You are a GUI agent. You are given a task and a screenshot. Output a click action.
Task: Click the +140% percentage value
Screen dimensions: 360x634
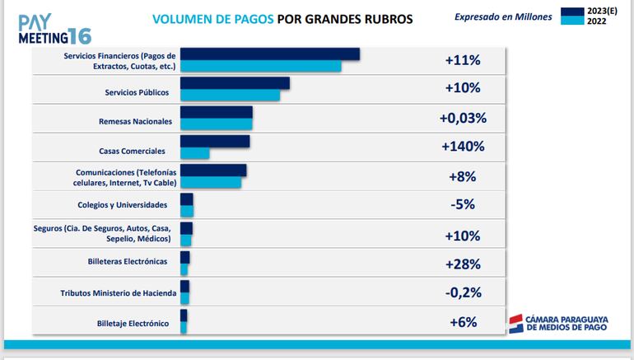click(463, 147)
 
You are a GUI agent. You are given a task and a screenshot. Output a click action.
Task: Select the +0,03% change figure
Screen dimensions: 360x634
click(463, 118)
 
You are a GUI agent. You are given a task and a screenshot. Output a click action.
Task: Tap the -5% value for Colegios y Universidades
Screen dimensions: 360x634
click(463, 204)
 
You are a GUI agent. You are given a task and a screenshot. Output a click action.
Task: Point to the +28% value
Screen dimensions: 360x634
click(463, 264)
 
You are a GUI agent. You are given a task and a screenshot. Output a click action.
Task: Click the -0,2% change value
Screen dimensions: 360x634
click(463, 292)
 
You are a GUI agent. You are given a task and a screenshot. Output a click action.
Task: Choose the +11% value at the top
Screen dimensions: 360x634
click(463, 60)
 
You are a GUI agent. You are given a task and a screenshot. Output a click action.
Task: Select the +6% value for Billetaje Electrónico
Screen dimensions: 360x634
click(463, 322)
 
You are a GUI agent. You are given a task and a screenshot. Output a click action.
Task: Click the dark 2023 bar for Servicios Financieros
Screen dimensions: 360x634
click(269, 54)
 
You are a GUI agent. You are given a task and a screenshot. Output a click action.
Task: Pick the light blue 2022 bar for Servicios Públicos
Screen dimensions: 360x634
click(230, 95)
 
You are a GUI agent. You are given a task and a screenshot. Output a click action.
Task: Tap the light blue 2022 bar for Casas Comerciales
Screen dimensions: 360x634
click(194, 153)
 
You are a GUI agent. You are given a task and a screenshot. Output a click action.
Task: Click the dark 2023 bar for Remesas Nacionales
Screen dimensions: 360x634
click(216, 113)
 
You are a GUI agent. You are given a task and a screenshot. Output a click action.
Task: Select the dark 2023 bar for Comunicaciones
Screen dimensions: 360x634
click(212, 171)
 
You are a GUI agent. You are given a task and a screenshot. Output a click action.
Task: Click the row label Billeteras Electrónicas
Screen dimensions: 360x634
click(127, 261)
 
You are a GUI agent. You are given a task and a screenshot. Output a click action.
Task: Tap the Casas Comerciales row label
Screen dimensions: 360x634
click(132, 151)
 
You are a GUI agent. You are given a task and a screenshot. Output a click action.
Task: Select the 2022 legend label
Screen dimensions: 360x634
click(596, 21)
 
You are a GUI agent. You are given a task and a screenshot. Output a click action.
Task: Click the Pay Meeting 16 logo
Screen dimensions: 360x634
click(54, 29)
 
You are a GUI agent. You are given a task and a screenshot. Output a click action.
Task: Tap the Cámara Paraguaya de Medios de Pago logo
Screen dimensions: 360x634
click(557, 324)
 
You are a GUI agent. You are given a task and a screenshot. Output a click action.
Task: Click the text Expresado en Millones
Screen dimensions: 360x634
click(501, 16)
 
